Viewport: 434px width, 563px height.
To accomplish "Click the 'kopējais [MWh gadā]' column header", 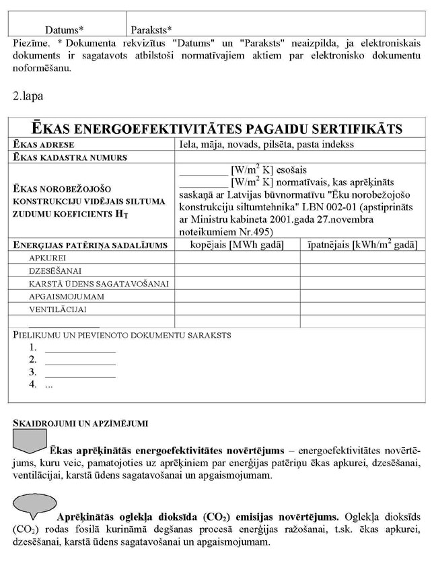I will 237,245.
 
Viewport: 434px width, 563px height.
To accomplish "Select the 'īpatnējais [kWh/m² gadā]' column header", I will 362,245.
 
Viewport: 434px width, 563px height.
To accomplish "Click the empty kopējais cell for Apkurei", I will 237,258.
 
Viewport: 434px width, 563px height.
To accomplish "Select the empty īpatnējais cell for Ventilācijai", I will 362,309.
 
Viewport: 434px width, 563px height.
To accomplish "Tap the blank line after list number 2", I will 79,361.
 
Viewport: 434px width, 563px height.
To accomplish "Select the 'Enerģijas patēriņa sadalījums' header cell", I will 90,246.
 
